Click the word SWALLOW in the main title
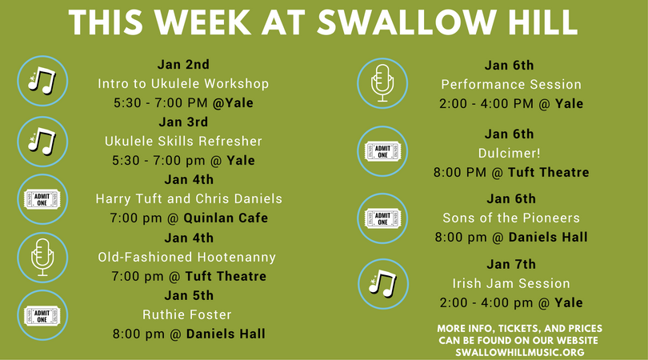(406, 22)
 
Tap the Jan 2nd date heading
(183, 65)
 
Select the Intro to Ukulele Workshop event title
(183, 84)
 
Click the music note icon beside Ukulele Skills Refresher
(42, 142)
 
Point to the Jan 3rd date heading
(183, 122)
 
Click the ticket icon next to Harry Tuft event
(42, 199)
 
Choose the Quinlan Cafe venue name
(226, 218)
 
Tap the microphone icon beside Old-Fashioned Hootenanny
(42, 258)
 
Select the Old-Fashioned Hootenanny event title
(186, 257)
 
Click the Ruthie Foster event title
(186, 314)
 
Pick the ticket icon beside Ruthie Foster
(42, 315)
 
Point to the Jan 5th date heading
(189, 295)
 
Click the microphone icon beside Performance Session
(382, 83)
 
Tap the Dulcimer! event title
(509, 154)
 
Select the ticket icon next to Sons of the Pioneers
(382, 218)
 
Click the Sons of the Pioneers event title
(511, 218)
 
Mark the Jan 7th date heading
(511, 264)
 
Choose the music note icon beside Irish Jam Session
(382, 284)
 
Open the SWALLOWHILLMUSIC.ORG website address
(519, 353)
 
